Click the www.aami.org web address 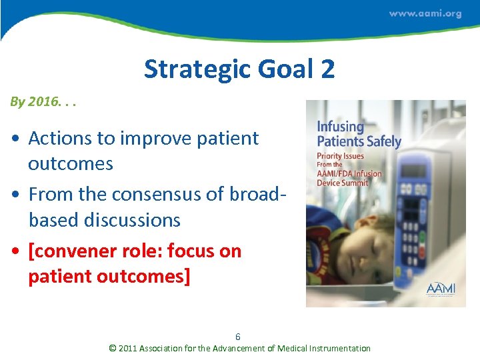pos(425,14)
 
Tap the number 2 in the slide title pos(327,69)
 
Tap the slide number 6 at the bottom pos(238,337)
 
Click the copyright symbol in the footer pos(112,348)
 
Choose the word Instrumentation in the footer pos(337,348)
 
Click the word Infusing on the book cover pos(340,126)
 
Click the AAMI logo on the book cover pos(441,288)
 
